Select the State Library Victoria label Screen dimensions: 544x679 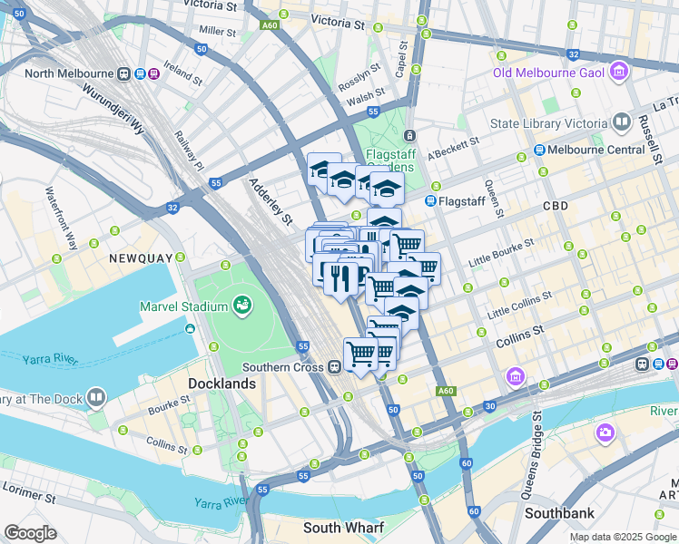pyautogui.click(x=548, y=123)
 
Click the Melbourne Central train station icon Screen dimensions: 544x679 pyautogui.click(x=539, y=150)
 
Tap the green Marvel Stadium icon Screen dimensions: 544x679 pyautogui.click(x=241, y=306)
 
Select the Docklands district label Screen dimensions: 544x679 pyautogui.click(x=221, y=384)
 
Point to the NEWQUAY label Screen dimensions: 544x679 pyautogui.click(x=141, y=258)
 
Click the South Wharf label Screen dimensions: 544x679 pyautogui.click(x=343, y=528)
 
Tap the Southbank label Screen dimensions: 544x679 pyautogui.click(x=560, y=513)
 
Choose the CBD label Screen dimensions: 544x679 pyautogui.click(x=555, y=206)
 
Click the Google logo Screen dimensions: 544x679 pyautogui.click(x=30, y=532)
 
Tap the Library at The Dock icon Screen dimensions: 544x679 pyautogui.click(x=94, y=398)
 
